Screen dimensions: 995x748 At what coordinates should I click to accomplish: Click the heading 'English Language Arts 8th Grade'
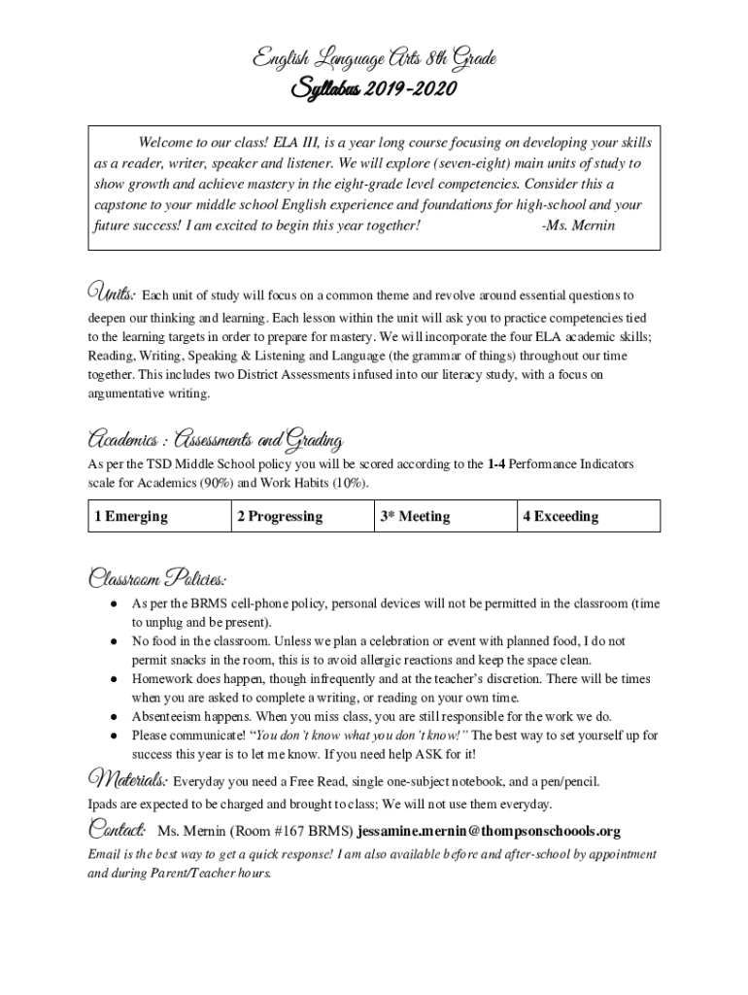375,61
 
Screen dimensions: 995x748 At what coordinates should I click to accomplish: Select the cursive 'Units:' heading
112,292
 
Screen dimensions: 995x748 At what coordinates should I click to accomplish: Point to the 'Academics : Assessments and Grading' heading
214,441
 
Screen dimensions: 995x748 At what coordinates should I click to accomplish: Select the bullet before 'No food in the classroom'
114,641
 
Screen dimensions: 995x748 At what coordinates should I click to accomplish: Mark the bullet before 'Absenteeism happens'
114,717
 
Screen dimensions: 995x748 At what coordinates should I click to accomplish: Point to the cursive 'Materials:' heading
127,779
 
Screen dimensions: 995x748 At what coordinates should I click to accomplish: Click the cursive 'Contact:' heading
118,830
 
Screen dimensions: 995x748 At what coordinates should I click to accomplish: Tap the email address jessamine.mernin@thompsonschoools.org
489,832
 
